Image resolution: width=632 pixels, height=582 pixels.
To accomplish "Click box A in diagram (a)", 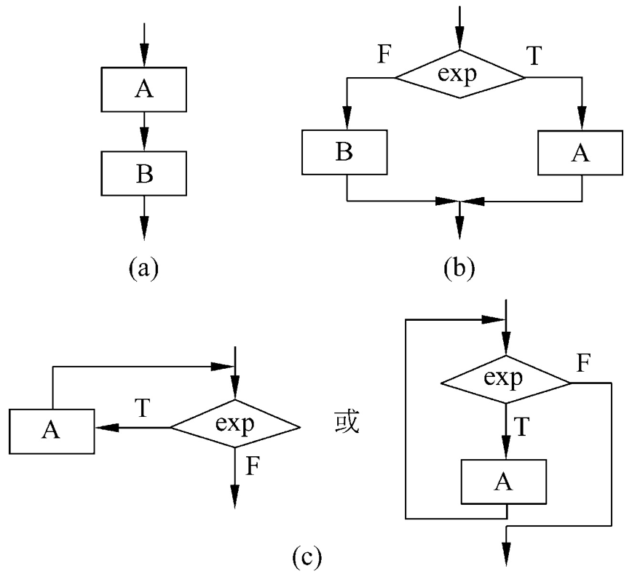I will tap(143, 89).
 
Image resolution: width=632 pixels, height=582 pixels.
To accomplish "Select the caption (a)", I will tap(143, 268).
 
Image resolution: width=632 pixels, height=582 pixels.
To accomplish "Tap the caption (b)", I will tap(459, 268).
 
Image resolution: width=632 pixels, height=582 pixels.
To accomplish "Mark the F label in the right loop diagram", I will tap(582, 362).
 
